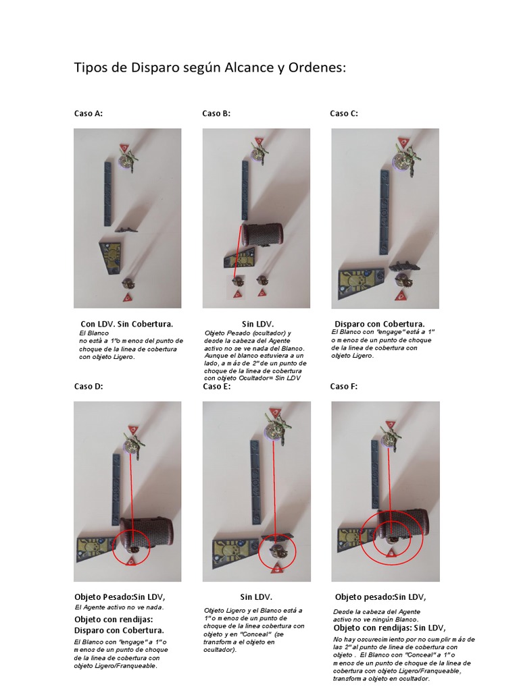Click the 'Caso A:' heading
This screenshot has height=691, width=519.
tap(89, 113)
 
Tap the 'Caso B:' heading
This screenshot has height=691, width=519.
tap(216, 113)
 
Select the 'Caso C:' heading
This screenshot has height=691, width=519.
tap(344, 113)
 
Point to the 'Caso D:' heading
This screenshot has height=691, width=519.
tap(89, 387)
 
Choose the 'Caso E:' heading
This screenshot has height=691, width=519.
tap(217, 387)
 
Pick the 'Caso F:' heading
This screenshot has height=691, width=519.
tap(344, 387)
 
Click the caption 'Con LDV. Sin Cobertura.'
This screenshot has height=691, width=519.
tap(127, 324)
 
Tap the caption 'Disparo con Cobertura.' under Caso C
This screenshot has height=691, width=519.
tap(380, 324)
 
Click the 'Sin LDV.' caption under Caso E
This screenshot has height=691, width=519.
tap(256, 597)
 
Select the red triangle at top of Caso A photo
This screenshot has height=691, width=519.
tap(124, 146)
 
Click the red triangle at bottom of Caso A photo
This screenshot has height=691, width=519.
tap(128, 297)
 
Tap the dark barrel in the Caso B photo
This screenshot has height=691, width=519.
tap(262, 233)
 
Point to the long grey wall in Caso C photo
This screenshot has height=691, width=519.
tap(385, 212)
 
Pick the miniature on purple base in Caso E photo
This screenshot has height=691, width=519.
tap(274, 428)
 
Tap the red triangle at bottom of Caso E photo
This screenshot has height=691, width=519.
tap(276, 568)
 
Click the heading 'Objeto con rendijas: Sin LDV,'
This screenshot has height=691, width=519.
tap(390, 628)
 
